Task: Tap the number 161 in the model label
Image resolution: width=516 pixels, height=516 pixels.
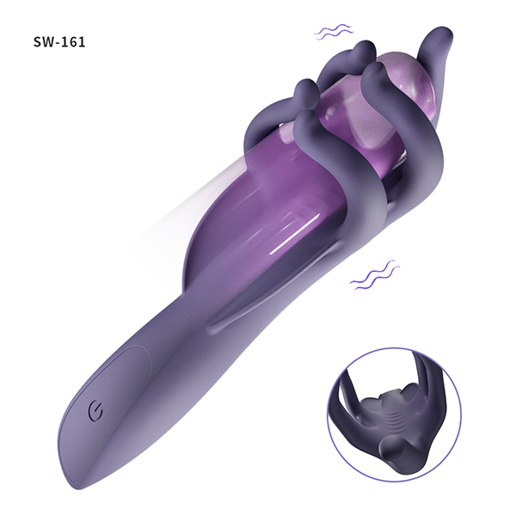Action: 75,42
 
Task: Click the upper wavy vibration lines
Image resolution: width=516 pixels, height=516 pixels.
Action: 333,32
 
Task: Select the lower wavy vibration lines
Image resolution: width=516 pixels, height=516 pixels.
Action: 373,276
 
